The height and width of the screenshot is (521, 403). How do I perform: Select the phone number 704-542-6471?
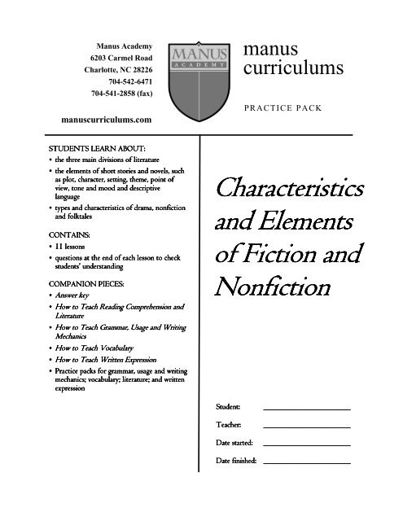129,82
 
